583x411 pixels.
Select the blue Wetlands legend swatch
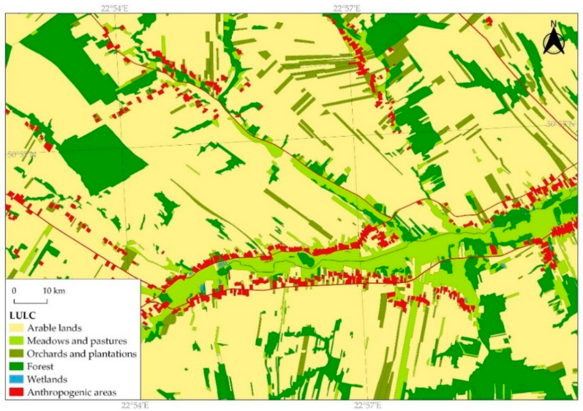click(16, 379)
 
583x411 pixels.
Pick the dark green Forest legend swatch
click(16, 366)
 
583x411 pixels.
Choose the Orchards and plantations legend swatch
click(16, 353)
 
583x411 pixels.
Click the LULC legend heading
click(22, 316)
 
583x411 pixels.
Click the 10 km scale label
click(54, 291)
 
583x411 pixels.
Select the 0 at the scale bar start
click(14, 291)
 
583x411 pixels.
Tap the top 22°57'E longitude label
click(347, 9)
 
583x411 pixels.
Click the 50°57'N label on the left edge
click(22, 154)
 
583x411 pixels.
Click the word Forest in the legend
click(40, 366)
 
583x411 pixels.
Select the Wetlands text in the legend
click(47, 379)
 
